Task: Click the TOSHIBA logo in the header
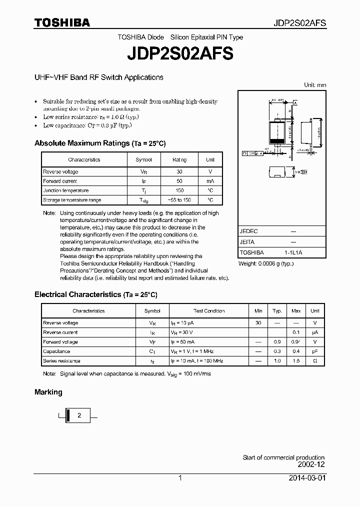point(62,22)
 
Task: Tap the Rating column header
point(179,159)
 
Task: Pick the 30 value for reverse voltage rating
point(179,171)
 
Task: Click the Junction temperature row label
point(66,190)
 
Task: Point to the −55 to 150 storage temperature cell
point(179,200)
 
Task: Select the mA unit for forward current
point(210,181)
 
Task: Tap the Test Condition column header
point(209,311)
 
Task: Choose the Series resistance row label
point(61,360)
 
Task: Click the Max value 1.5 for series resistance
point(296,360)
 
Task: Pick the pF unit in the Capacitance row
point(314,351)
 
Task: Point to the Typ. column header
point(277,311)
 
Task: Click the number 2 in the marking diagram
point(78,415)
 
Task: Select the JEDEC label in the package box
point(248,231)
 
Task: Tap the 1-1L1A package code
point(293,252)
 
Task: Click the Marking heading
point(48,392)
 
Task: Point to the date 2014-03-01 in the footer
point(307,478)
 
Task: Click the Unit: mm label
point(315,85)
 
